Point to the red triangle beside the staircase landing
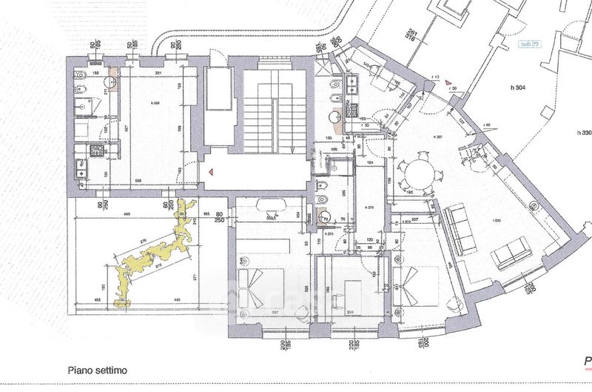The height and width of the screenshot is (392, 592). [210, 172]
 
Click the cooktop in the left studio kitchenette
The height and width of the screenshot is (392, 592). [96, 149]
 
